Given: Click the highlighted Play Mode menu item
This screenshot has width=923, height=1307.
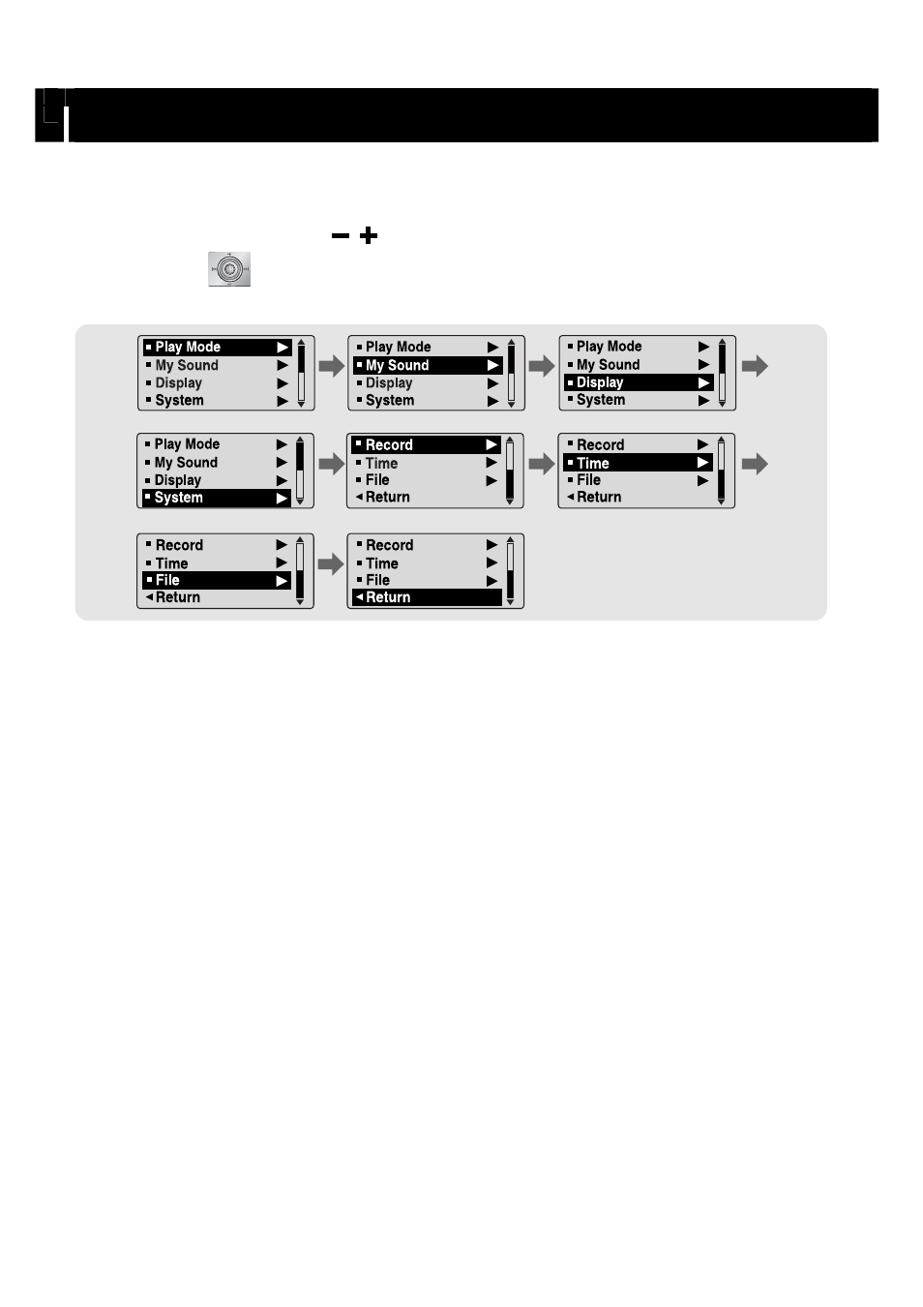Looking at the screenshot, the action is pyautogui.click(x=217, y=348).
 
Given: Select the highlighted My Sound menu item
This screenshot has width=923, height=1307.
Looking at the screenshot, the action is pyautogui.click(x=428, y=365).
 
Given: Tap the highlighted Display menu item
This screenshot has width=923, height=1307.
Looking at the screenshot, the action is pyautogui.click(x=639, y=382).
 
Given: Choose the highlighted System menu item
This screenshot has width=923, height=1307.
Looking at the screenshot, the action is pyautogui.click(x=217, y=498).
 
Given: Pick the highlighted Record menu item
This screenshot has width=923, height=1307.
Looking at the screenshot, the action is pyautogui.click(x=427, y=444).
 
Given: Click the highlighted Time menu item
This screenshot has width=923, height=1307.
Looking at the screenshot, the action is pyautogui.click(x=638, y=463).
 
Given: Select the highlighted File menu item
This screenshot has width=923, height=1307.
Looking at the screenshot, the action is pyautogui.click(x=217, y=581).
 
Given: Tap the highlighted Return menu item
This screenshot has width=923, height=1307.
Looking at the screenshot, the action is pyautogui.click(x=427, y=597).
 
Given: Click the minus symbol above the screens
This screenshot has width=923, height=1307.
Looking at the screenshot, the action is pyautogui.click(x=340, y=235).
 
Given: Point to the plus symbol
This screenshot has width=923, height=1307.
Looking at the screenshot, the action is pyautogui.click(x=369, y=235).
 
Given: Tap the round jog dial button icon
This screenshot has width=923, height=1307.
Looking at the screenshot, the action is pyautogui.click(x=229, y=269).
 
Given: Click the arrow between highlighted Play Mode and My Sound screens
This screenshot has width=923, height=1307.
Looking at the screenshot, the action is pyautogui.click(x=332, y=366).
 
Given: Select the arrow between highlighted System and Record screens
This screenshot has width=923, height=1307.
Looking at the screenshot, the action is pyautogui.click(x=332, y=465).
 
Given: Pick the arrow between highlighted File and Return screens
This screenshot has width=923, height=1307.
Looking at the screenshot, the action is pyautogui.click(x=331, y=564).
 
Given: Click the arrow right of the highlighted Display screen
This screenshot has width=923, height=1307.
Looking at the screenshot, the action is pyautogui.click(x=755, y=366).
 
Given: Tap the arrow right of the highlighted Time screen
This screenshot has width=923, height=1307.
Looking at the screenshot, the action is pyautogui.click(x=755, y=465).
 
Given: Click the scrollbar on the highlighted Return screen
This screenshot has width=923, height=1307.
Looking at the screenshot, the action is pyautogui.click(x=510, y=571).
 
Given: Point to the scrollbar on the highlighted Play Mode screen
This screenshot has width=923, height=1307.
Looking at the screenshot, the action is pyautogui.click(x=301, y=373).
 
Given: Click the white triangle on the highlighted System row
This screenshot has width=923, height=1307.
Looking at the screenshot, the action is pyautogui.click(x=283, y=499).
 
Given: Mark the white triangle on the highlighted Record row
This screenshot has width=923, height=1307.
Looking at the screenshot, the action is pyautogui.click(x=491, y=445).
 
